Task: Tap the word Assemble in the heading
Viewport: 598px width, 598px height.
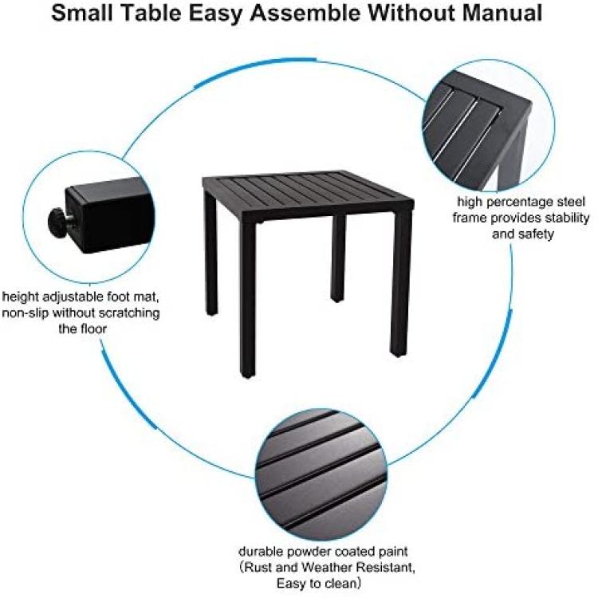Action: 305,13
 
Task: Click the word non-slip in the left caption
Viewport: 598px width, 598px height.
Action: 26,313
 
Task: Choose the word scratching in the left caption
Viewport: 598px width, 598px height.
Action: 129,313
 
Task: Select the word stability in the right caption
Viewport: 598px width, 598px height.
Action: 568,218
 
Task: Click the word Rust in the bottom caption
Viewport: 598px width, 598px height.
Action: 258,567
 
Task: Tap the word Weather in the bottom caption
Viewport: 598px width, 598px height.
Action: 325,567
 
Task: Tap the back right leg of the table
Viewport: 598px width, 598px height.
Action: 338,258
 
